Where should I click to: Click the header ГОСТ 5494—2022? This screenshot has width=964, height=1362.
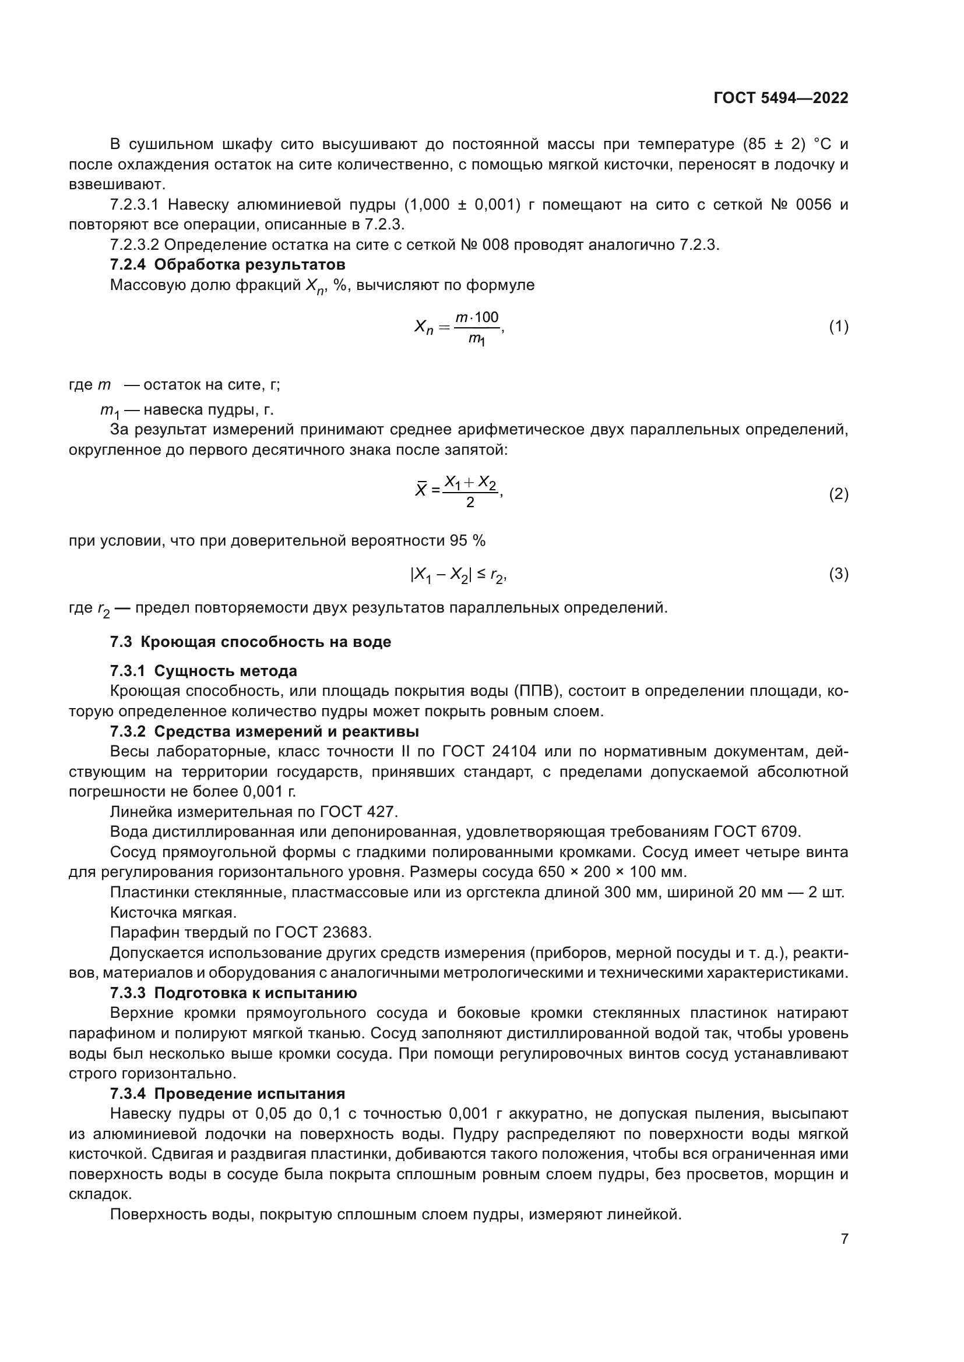coord(780,98)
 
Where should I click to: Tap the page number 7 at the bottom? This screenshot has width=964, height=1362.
coord(844,1239)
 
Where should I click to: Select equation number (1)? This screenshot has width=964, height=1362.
coord(838,326)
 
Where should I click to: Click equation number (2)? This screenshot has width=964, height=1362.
coord(838,494)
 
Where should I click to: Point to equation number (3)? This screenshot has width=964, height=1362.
coord(838,574)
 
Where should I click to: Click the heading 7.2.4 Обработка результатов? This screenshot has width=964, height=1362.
coord(227,264)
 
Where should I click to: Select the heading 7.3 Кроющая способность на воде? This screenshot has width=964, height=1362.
coord(250,642)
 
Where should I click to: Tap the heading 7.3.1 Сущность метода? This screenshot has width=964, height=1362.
coord(203,671)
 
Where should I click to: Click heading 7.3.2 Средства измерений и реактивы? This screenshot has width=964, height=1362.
coord(264,731)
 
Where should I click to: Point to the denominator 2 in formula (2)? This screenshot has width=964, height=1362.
coord(470,503)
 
